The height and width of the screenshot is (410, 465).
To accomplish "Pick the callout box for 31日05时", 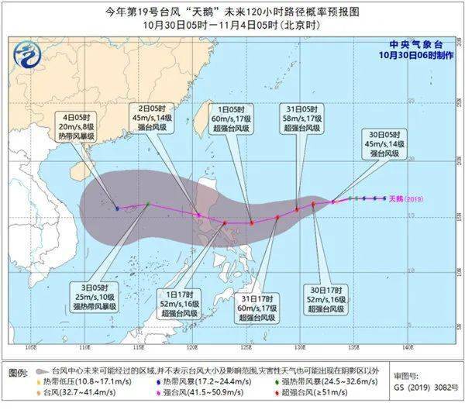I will [x=303, y=116].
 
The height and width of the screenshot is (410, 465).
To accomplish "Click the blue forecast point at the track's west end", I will [x=117, y=208].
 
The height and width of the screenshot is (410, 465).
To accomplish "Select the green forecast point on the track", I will [x=147, y=204].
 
